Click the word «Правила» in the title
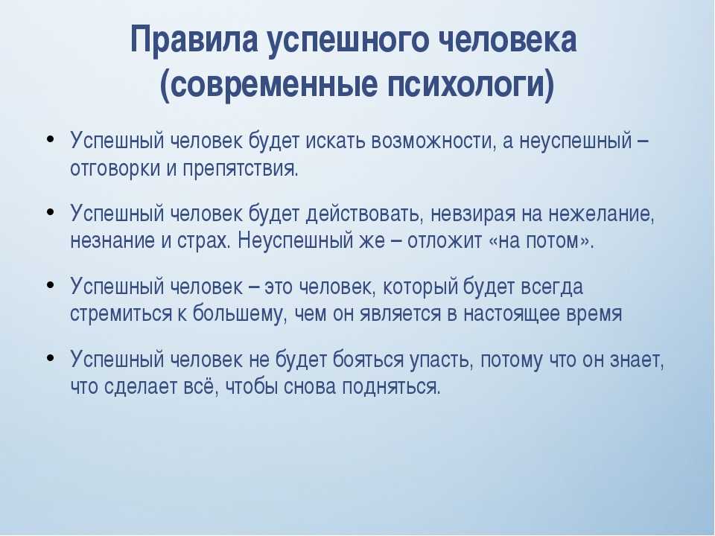coord(194,40)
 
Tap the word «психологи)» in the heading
coord(471,84)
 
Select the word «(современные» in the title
coord(269,84)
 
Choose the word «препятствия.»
coord(241,169)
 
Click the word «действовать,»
coord(363,214)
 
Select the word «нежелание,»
coord(602,214)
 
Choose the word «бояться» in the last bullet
coord(368,359)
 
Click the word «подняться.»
coord(391,387)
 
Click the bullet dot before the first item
coord(51,138)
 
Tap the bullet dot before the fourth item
coord(51,357)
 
